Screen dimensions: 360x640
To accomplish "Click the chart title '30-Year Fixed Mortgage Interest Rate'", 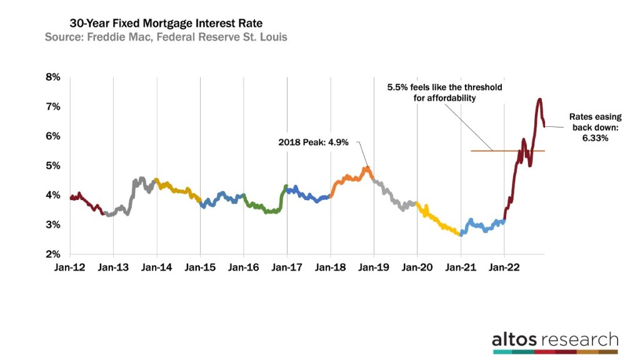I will point(154,23).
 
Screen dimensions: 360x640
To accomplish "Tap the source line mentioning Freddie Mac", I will point(166,37).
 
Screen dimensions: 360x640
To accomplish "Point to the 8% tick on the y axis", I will point(52,77).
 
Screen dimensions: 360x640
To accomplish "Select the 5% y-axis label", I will point(52,166).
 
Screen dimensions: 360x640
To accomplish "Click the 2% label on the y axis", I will point(52,254).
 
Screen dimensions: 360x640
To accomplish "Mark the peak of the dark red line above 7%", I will point(539,99).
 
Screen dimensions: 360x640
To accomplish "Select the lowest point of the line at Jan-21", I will point(461,234).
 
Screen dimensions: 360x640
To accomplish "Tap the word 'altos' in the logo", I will point(514,340).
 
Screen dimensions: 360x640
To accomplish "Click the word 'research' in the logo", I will point(579,340).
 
